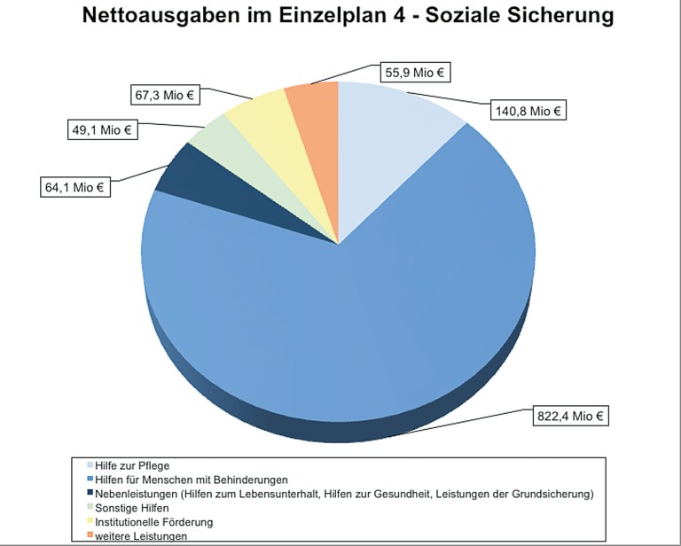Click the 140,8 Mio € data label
[x=528, y=111]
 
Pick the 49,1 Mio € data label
[x=101, y=130]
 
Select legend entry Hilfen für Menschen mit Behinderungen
[x=184, y=480]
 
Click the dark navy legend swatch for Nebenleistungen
[x=90, y=494]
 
